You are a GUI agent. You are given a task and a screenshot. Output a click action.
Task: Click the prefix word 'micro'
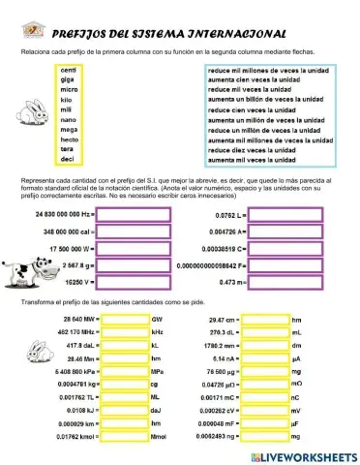click(x=69, y=89)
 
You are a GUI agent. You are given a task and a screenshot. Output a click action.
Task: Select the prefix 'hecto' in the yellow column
click(x=70, y=139)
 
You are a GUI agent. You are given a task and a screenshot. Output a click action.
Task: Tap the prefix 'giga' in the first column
click(x=69, y=79)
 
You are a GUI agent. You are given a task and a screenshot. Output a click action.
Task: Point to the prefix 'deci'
click(x=69, y=158)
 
